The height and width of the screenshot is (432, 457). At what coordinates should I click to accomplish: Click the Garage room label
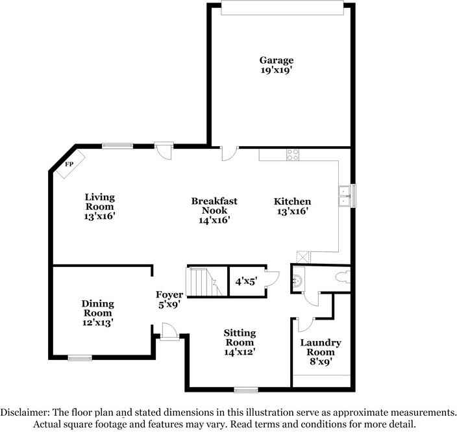click(278, 66)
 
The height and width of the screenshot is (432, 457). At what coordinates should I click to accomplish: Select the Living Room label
click(100, 206)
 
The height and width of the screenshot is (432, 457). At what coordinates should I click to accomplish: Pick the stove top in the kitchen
click(293, 155)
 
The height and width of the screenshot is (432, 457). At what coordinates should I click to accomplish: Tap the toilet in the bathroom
click(342, 277)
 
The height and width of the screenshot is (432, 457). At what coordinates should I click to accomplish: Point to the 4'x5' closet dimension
click(246, 281)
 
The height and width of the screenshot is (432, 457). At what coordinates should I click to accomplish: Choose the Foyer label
click(169, 299)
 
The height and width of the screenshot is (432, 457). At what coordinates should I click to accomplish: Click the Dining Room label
click(98, 312)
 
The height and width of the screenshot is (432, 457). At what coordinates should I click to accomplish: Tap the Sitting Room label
click(240, 342)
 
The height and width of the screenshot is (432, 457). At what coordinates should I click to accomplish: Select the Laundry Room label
click(320, 352)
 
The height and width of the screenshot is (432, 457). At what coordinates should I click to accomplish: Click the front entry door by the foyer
click(169, 333)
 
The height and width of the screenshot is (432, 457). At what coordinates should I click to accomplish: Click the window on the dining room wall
click(80, 357)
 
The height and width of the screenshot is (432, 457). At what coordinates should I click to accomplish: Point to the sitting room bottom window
click(246, 390)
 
